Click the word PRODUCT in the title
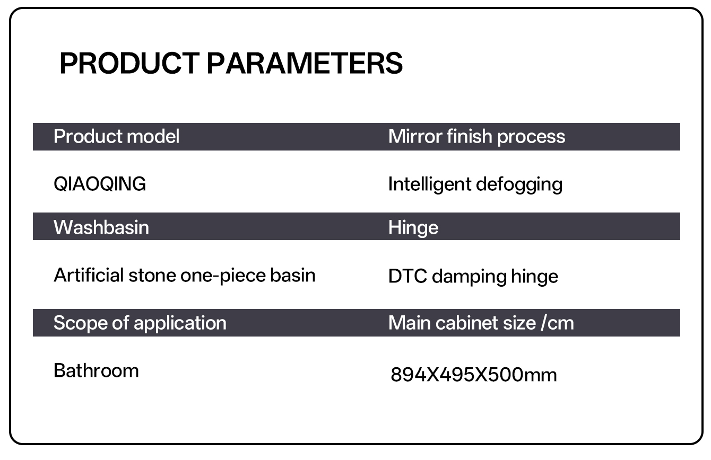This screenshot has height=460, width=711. tap(129, 63)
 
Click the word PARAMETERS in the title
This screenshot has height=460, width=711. tap(305, 63)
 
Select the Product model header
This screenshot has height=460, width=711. tap(117, 137)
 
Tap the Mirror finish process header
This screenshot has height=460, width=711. tap(477, 137)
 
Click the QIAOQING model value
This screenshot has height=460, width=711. tap(100, 184)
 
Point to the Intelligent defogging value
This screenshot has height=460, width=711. tap(475, 184)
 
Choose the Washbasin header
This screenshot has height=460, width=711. tap(101, 227)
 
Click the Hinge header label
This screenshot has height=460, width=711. tap(413, 228)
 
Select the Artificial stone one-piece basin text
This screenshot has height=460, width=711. tap(185, 275)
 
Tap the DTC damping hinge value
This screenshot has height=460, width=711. tap(473, 277)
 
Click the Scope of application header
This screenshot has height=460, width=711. tap(140, 323)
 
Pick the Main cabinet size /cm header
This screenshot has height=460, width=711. tap(481, 323)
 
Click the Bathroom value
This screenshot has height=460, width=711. tap(96, 370)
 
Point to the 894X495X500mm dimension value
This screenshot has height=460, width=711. tap(474, 375)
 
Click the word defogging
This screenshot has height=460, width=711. tap(519, 184)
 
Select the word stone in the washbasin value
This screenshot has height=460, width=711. tap(152, 275)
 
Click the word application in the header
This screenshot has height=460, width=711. tap(180, 323)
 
